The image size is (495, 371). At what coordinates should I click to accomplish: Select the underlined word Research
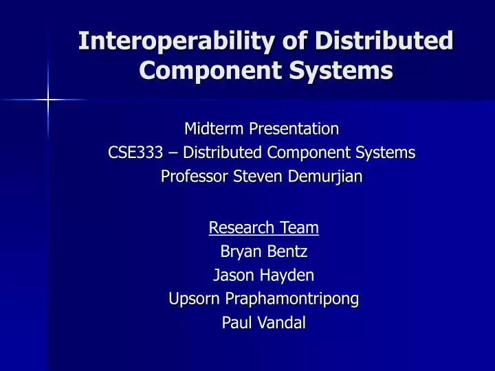pyautogui.click(x=239, y=227)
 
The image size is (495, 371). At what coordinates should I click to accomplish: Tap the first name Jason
pyautogui.click(x=234, y=276)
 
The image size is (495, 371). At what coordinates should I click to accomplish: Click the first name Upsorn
pyautogui.click(x=192, y=299)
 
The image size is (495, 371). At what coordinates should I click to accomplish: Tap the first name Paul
pyautogui.click(x=235, y=323)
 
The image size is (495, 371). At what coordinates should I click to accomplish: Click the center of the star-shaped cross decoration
pyautogui.click(x=48, y=101)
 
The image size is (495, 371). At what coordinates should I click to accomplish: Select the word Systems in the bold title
pyautogui.click(x=344, y=70)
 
